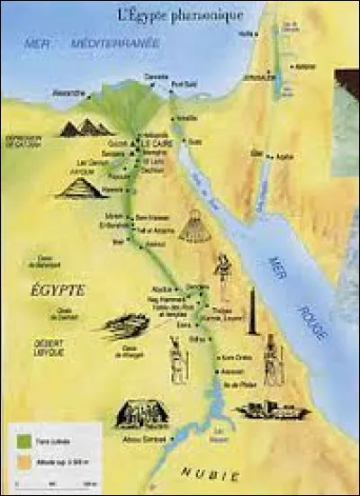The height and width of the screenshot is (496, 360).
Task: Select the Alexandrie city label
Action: point(69,92)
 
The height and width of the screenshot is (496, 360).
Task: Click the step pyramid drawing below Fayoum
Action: point(80,187)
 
